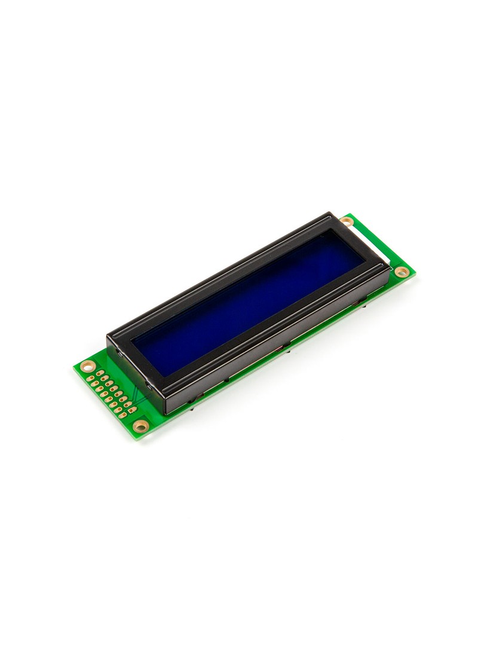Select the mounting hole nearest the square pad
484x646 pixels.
(140, 426)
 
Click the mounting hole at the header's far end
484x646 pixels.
(88, 366)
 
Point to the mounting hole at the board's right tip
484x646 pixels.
(402, 272)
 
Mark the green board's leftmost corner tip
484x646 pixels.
(74, 367)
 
